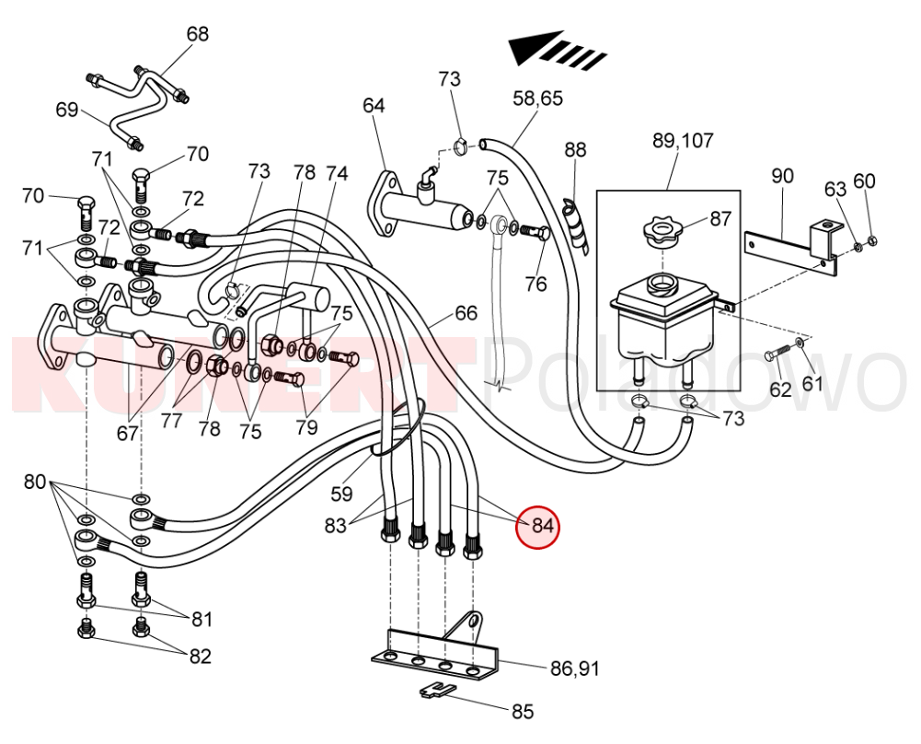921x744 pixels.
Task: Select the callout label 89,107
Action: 682,141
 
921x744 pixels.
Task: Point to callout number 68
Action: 198,34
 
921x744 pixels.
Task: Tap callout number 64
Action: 373,105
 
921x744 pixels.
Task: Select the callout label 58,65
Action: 537,98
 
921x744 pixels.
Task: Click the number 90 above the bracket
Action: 782,175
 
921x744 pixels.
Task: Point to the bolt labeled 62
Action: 778,355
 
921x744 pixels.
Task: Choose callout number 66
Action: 466,313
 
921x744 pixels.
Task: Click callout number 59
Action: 341,494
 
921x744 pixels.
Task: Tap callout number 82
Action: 200,656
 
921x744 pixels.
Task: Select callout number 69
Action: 67,110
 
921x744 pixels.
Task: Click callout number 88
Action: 575,149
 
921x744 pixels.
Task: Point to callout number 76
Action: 536,284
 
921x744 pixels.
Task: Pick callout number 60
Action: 864,180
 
